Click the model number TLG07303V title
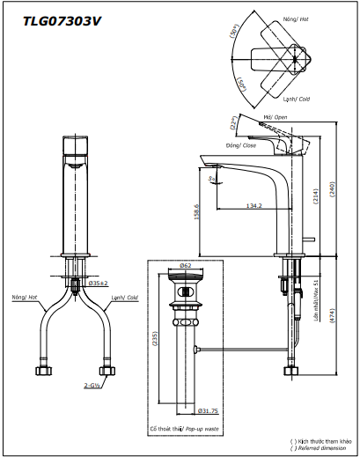(58, 18)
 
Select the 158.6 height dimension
(195, 213)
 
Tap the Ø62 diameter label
(185, 264)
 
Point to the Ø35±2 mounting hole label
(99, 283)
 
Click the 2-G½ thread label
(92, 385)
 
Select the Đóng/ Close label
(237, 145)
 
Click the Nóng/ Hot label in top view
(295, 18)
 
